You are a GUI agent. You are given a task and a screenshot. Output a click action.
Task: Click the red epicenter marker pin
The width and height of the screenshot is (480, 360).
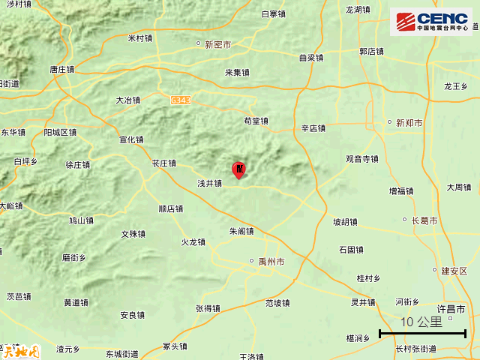[x=239, y=169]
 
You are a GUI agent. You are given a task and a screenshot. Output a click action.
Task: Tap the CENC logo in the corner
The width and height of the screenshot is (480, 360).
[x=431, y=21]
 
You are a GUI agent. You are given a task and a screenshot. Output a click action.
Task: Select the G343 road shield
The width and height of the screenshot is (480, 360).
[x=181, y=99]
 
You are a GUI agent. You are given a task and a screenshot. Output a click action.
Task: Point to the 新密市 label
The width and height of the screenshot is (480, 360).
[x=217, y=44]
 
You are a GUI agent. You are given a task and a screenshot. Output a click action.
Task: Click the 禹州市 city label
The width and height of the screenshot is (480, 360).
[x=270, y=262]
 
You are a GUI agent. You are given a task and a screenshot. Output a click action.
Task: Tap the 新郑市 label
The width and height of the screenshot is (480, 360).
[x=409, y=122]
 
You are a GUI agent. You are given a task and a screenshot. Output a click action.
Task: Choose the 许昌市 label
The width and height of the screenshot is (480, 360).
[x=451, y=309]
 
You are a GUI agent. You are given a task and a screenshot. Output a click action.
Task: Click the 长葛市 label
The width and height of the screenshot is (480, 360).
[x=424, y=220]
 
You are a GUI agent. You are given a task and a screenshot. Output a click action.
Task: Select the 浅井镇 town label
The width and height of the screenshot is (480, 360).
[x=209, y=182]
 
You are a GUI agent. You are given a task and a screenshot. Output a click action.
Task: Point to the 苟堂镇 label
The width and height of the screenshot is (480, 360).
[x=256, y=120]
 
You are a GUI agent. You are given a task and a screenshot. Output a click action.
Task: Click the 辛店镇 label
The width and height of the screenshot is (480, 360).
[x=313, y=128]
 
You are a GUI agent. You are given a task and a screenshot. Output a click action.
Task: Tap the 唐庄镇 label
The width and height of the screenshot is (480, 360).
[x=62, y=69]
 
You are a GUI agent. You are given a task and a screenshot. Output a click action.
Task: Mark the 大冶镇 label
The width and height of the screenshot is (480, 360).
[x=128, y=99]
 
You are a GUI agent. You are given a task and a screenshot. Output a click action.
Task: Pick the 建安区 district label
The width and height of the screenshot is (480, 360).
[x=454, y=271]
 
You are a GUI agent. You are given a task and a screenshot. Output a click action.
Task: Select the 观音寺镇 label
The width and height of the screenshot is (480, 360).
[x=362, y=159]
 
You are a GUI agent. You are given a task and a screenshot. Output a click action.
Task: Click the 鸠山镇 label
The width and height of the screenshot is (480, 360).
[x=81, y=220]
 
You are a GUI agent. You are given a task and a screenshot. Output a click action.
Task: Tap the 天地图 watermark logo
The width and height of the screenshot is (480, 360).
[x=19, y=350]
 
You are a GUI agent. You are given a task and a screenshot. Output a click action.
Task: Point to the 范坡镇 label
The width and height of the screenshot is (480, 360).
[x=277, y=303]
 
